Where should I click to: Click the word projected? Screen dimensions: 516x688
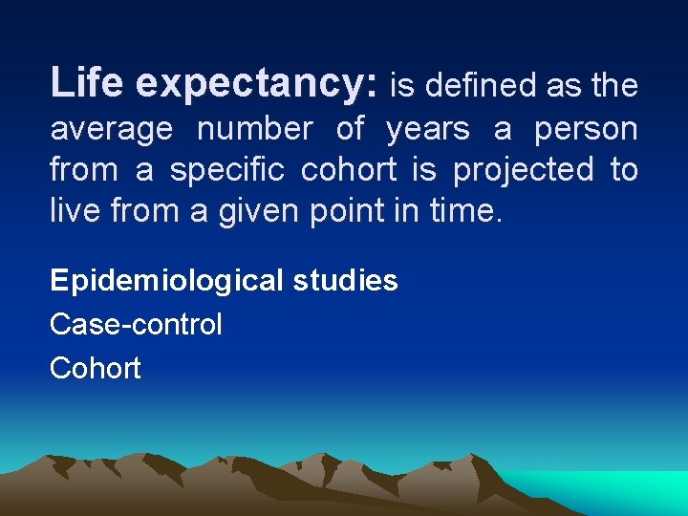pyautogui.click(x=523, y=171)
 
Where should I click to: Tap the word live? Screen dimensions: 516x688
pyautogui.click(x=72, y=211)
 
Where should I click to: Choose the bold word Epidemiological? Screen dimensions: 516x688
pyautogui.click(x=167, y=281)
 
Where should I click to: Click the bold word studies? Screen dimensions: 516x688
pyautogui.click(x=347, y=280)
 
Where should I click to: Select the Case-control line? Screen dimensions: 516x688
pyautogui.click(x=136, y=324)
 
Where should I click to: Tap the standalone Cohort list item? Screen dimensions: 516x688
pyautogui.click(x=96, y=368)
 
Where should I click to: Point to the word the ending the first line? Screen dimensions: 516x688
pyautogui.click(x=614, y=86)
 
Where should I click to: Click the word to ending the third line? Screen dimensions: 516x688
pyautogui.click(x=624, y=171)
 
